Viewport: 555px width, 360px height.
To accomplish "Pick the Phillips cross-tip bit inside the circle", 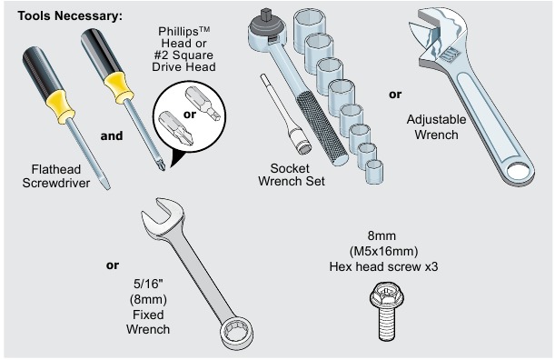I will tap(173, 120).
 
